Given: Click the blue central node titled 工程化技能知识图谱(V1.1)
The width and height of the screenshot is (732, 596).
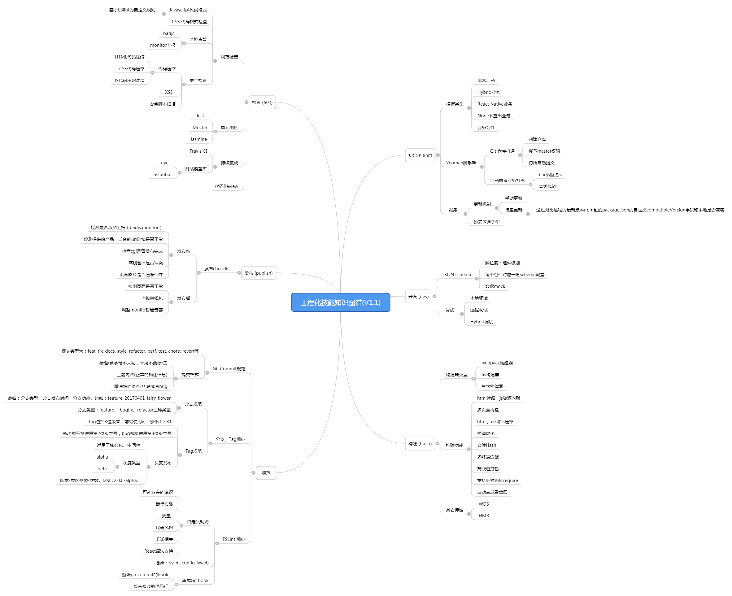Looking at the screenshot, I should pos(340,302).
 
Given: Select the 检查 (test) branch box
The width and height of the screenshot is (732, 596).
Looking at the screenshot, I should pos(262,102).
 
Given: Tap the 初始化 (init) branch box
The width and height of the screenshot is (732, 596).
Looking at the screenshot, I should pos(420,155).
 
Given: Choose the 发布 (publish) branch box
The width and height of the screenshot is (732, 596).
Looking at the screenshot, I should pos(258,273).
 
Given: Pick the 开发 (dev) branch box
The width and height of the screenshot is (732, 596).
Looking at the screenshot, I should pos(418,296).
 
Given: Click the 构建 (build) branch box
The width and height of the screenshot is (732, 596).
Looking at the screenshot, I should pos(420,444).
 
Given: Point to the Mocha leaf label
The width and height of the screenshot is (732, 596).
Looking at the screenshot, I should pos(199,127).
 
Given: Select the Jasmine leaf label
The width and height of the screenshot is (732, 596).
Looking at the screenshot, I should pos(198,139).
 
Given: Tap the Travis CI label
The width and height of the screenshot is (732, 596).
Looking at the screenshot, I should pos(198,151).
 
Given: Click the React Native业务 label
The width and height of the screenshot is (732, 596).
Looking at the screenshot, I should pos(495,104).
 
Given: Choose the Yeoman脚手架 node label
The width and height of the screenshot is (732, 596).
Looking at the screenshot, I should pos(461,163).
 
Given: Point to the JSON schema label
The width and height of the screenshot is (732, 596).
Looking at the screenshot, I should pos(457,275).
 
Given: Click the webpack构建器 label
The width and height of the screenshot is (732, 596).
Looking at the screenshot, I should pos(497,363).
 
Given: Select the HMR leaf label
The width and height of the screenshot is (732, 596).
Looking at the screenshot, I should pos(484,516).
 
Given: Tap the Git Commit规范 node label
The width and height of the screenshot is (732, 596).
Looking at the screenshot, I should pos(229,369).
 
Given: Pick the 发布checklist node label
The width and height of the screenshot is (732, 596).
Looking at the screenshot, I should pos(217,269).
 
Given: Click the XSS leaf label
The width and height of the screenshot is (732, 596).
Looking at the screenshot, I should pos(168,92).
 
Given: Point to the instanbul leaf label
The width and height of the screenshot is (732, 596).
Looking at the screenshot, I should pos(162,174).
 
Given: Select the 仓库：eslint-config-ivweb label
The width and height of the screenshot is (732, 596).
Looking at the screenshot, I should pos(182,563).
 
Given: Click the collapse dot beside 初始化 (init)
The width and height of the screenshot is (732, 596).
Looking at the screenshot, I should pos(438,155).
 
